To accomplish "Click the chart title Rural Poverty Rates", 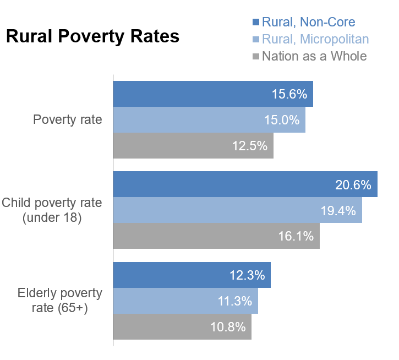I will tap(92, 36).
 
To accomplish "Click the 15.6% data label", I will tap(289, 94).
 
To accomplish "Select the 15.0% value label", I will tap(282, 120).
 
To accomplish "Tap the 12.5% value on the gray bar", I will tap(249, 146).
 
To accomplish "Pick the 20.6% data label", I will tap(353, 184).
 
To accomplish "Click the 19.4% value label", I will tap(338, 210).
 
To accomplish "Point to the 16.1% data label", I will tap(296, 236).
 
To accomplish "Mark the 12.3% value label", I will tap(247, 275).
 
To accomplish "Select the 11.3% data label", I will tap(234, 301).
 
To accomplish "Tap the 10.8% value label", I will tap(228, 326).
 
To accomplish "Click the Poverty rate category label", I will tap(68, 119).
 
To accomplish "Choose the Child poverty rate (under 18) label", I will tap(52, 210).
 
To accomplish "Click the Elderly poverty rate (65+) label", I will tap(59, 300).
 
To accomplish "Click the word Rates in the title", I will tap(155, 36).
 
